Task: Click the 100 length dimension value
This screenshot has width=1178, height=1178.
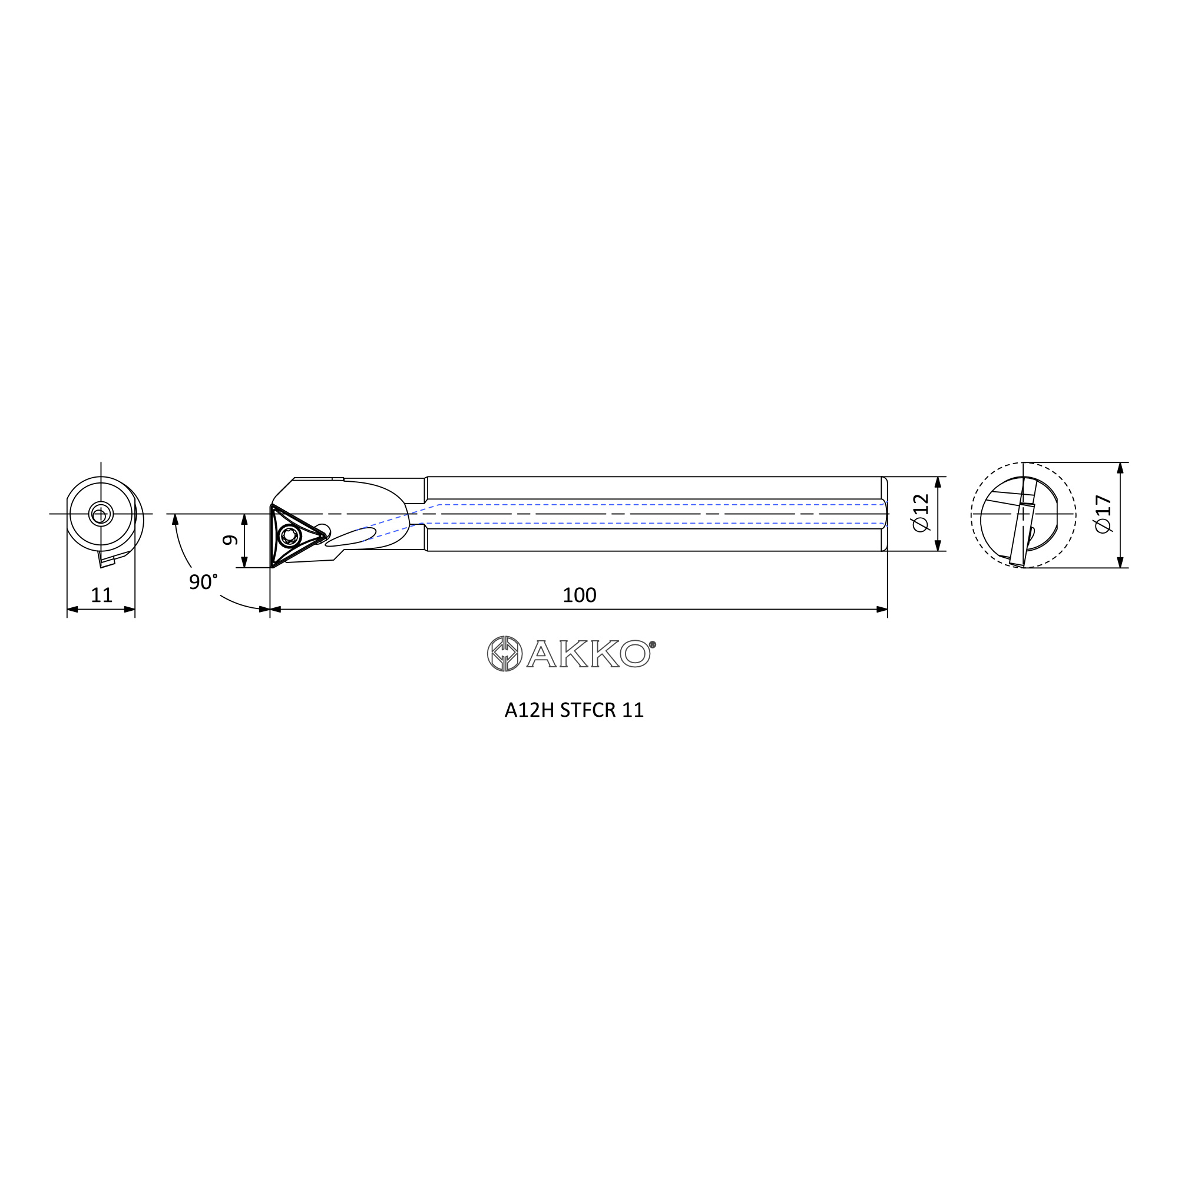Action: pyautogui.click(x=579, y=595)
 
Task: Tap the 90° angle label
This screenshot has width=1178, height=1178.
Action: pyautogui.click(x=203, y=582)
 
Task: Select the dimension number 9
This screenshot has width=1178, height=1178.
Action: pyautogui.click(x=230, y=540)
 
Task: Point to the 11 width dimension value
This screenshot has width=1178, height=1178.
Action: pyautogui.click(x=102, y=595)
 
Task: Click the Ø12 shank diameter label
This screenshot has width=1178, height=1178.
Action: pyautogui.click(x=921, y=513)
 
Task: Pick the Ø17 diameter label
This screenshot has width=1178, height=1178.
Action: pyautogui.click(x=1104, y=514)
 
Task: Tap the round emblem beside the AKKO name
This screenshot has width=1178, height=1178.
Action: pyautogui.click(x=505, y=654)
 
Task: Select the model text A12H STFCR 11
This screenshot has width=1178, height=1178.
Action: pyautogui.click(x=574, y=710)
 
